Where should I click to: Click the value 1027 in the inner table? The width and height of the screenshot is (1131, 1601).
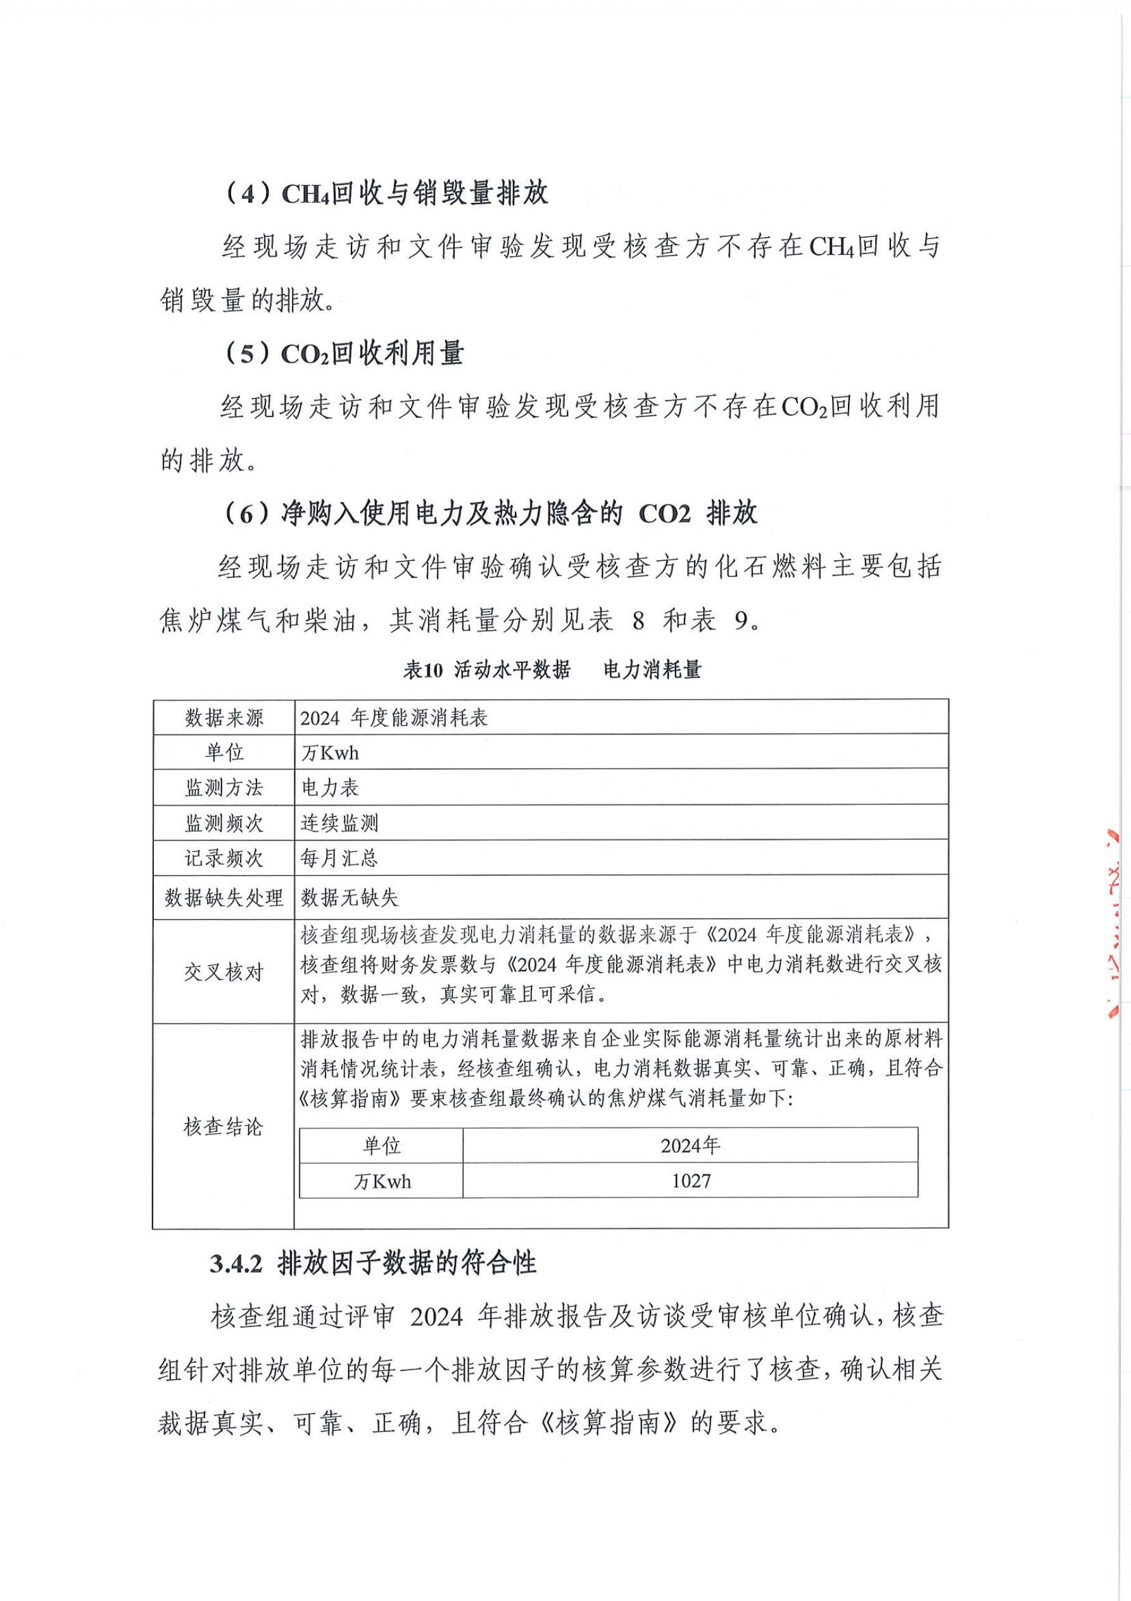(691, 1181)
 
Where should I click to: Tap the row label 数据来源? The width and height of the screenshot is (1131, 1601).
(224, 717)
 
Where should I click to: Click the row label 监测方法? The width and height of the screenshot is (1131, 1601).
(224, 788)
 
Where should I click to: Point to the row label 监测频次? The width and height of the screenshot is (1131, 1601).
(224, 823)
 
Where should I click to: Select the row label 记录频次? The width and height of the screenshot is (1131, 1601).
(224, 858)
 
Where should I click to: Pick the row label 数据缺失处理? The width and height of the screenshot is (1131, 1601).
(224, 897)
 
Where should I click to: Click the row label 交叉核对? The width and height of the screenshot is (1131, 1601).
(224, 972)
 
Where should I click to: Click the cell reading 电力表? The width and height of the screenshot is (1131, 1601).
(330, 788)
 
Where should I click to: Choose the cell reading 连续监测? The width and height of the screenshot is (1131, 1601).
(339, 823)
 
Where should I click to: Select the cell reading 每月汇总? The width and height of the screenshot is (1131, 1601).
(339, 858)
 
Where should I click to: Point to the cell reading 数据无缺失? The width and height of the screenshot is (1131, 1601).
(349, 897)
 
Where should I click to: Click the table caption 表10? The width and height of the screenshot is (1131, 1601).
(423, 670)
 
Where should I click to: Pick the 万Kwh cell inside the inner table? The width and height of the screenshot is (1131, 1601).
(382, 1181)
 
